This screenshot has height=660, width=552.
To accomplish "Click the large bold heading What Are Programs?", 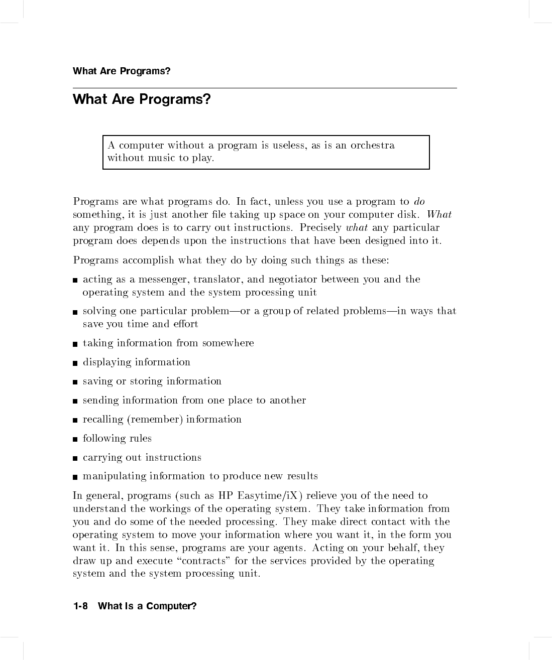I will coord(142,99).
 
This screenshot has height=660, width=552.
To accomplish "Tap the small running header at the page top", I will coord(122,71).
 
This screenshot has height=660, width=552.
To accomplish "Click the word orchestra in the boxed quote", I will coord(372,146).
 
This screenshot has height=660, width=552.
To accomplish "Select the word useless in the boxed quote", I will coord(289,146).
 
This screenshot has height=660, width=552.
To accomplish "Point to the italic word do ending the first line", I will coord(419,202).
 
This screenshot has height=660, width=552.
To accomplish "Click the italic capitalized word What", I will coord(439,215).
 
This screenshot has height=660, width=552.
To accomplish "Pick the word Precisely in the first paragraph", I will coord(320,228).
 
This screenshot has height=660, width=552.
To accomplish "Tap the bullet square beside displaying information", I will coord(75,363).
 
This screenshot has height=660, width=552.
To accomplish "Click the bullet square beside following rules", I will coord(75,440).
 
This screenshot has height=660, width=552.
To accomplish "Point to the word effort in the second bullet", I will coord(186,324).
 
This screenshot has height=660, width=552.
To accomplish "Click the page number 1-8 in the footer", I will coord(80,606).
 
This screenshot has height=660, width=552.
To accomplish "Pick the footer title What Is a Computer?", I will coord(147,606).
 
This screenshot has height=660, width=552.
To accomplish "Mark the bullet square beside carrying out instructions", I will coord(75,459).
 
